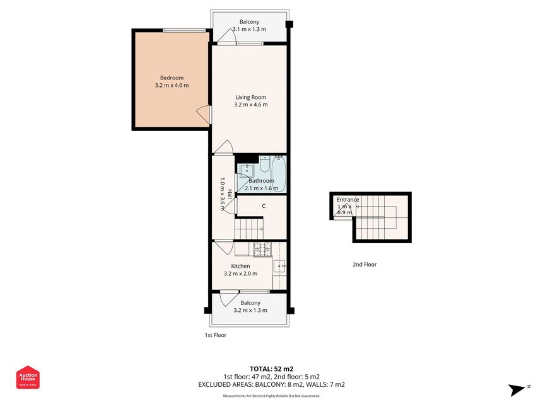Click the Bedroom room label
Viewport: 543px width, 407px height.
(x=172, y=78)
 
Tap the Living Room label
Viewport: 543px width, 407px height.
(x=251, y=97)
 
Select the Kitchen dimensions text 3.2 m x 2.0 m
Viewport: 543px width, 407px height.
(x=240, y=273)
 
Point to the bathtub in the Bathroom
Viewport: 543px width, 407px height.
(x=279, y=173)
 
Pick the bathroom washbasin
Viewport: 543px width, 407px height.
(x=247, y=171)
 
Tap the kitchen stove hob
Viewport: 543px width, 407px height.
(x=262, y=249)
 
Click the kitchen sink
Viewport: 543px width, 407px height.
(x=279, y=266)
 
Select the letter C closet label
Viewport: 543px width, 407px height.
(x=264, y=206)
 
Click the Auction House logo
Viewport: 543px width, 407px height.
(x=28, y=377)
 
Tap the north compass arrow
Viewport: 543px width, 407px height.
(x=517, y=390)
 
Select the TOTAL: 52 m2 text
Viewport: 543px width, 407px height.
(x=271, y=369)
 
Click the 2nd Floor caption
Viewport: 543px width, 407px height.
(x=365, y=265)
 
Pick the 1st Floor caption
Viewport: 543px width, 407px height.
(x=216, y=335)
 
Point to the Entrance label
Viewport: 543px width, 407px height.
(x=347, y=200)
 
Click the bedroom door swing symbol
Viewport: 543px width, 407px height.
(x=203, y=114)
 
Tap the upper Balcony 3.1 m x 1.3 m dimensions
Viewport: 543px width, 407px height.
(x=249, y=29)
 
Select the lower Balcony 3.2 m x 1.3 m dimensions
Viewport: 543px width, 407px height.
(x=250, y=310)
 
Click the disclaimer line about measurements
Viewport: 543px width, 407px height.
(x=271, y=396)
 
